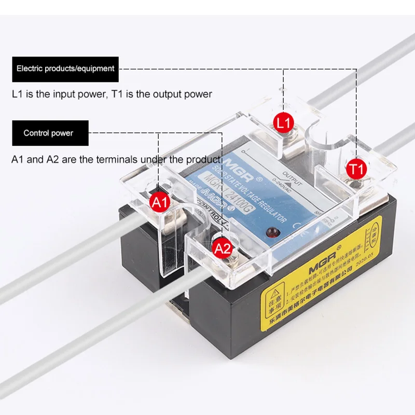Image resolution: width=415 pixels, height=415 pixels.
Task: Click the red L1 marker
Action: click(284, 123)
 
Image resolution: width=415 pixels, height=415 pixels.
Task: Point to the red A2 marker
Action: click(223, 249)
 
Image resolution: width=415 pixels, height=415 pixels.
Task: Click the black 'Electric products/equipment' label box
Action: click(65, 68)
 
